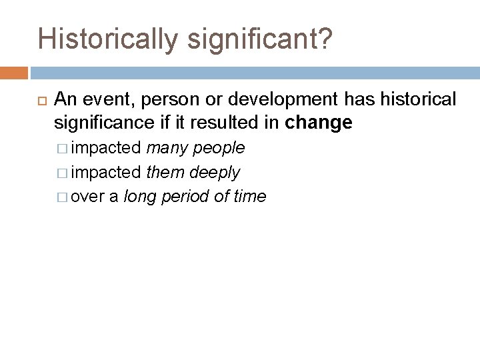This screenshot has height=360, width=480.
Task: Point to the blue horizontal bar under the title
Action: [253, 71]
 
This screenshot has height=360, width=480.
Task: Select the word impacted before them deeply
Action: [106, 172]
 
